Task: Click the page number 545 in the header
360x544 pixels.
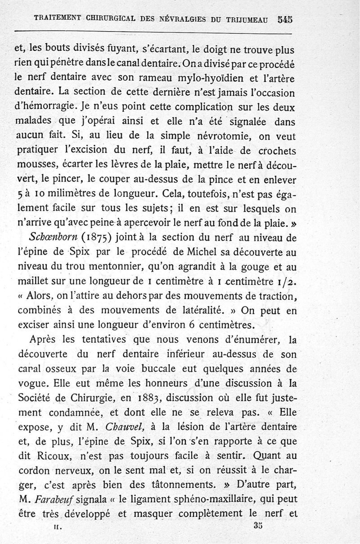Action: pyautogui.click(x=285, y=19)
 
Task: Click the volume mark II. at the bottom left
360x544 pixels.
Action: pyautogui.click(x=56, y=526)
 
